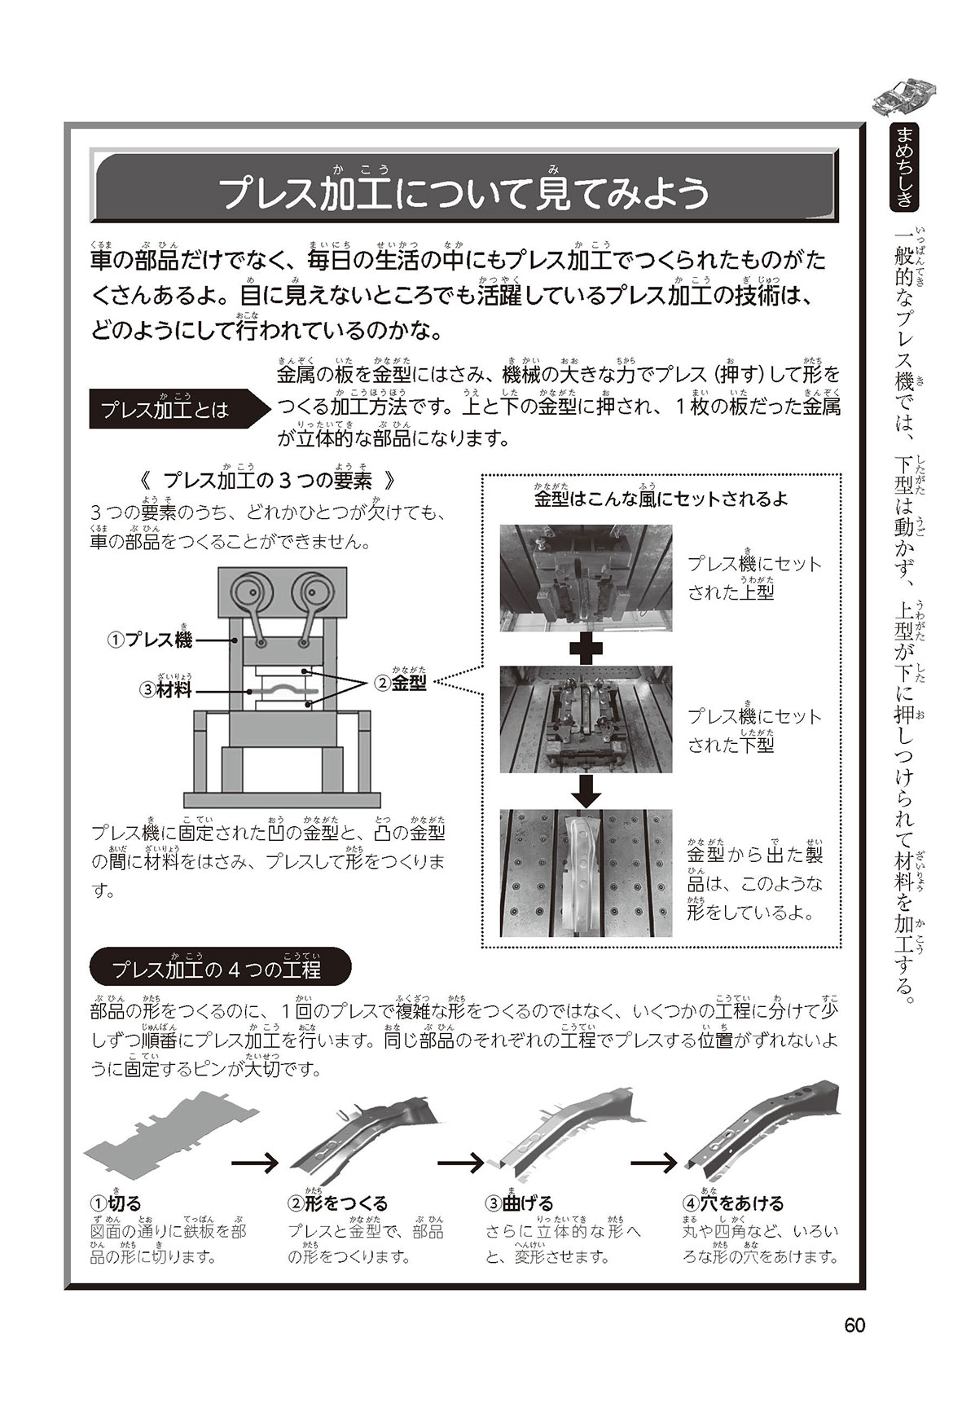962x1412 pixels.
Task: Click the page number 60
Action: (x=854, y=1326)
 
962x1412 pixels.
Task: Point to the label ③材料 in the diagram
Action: (x=166, y=688)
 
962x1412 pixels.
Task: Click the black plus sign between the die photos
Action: (x=586, y=649)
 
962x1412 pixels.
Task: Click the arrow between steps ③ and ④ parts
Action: (x=655, y=1162)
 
